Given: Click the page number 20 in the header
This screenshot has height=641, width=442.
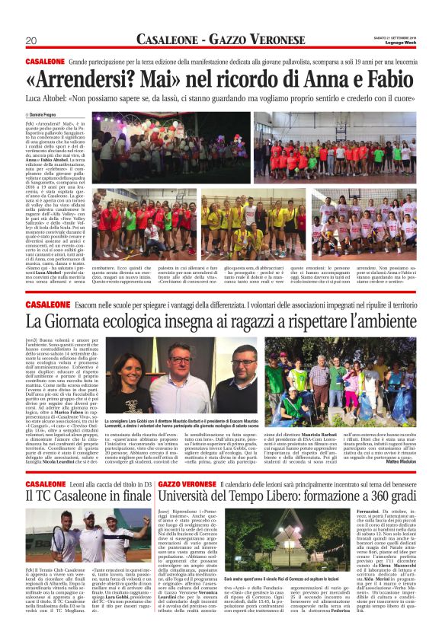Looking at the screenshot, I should [x=31, y=40].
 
